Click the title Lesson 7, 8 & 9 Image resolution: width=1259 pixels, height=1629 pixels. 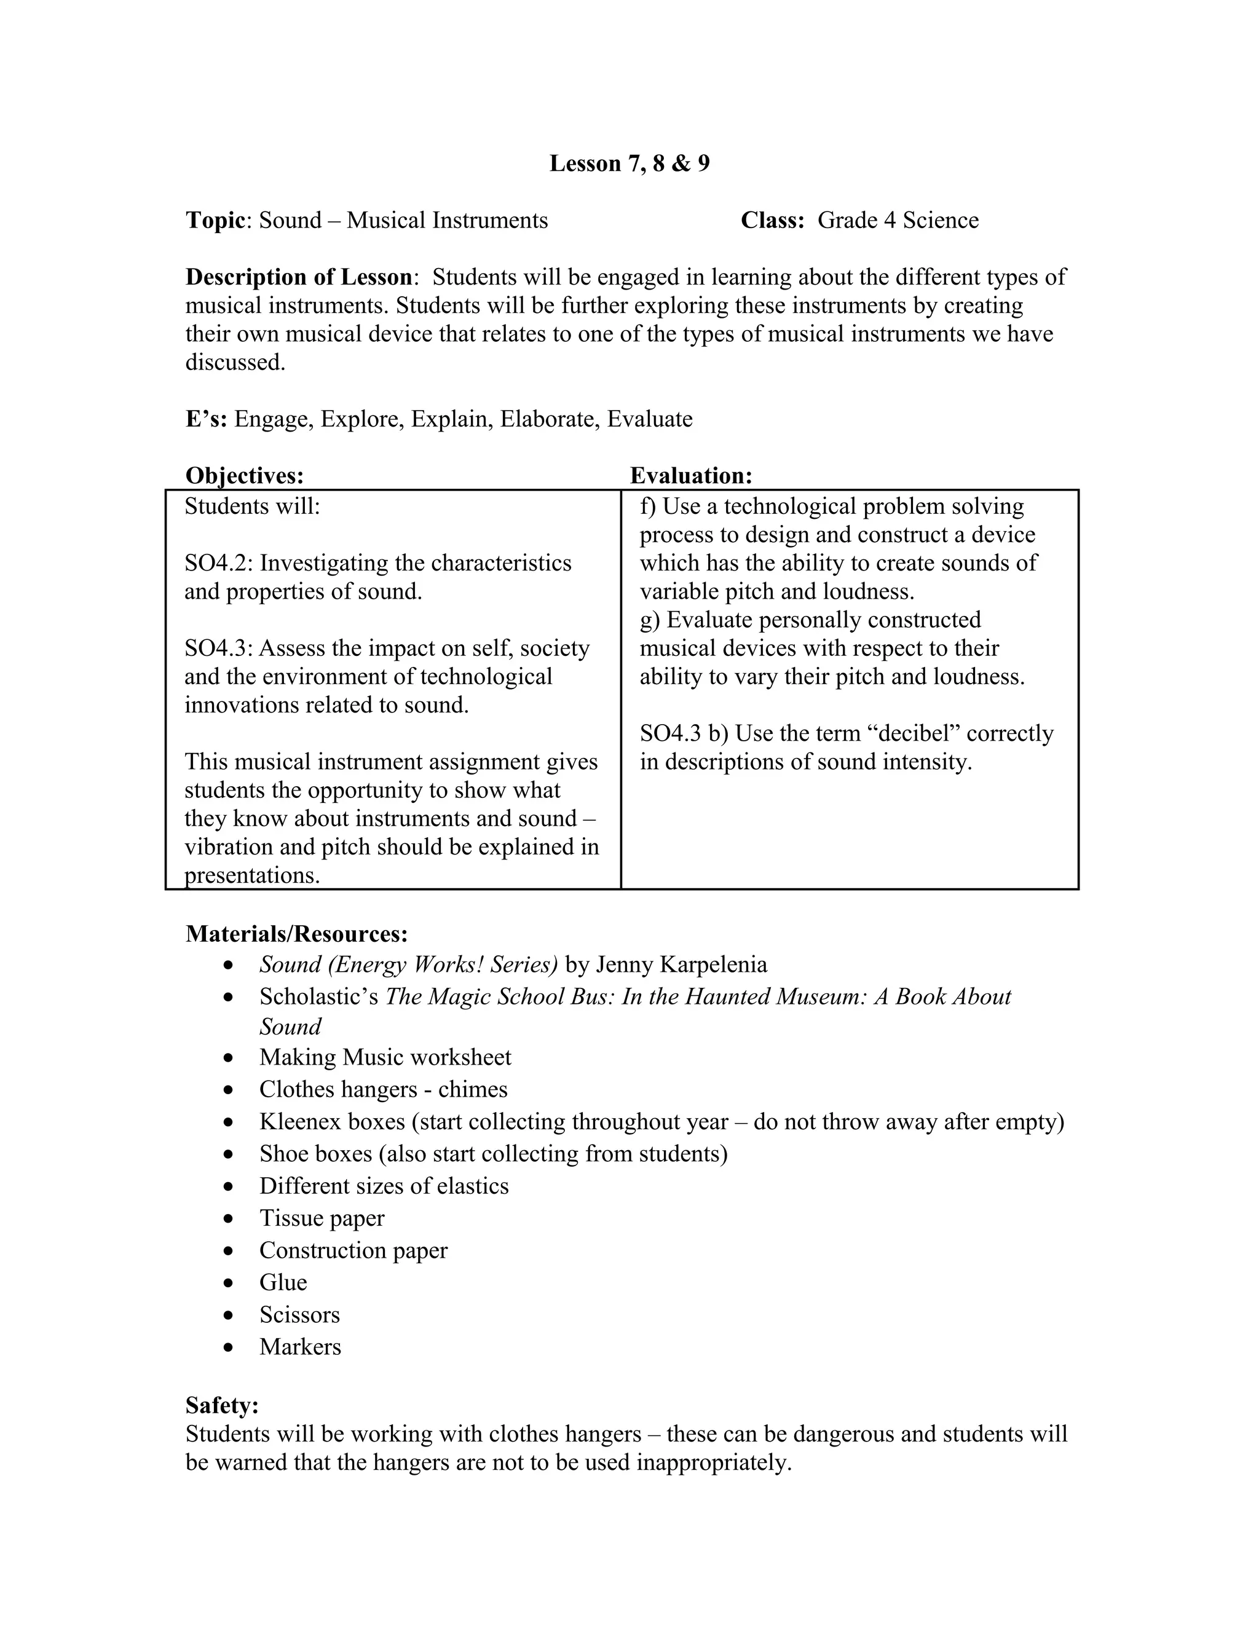[x=629, y=164]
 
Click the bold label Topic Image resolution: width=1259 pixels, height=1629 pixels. [x=215, y=220]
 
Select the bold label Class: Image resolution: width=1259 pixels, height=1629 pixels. [x=772, y=220]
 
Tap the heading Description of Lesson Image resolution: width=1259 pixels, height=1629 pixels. [x=298, y=277]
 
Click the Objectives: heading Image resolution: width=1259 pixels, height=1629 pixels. [x=245, y=475]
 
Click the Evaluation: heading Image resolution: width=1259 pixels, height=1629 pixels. [x=690, y=475]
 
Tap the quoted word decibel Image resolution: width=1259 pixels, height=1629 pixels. [x=917, y=733]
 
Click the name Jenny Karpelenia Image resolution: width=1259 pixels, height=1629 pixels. [x=681, y=964]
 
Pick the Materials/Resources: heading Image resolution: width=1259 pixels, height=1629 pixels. [x=296, y=934]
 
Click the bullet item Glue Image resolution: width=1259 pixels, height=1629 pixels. [x=283, y=1282]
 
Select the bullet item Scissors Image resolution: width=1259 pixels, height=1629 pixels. [x=299, y=1314]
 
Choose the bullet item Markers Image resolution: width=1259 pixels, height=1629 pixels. [x=300, y=1346]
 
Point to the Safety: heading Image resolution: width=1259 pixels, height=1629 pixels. [x=221, y=1405]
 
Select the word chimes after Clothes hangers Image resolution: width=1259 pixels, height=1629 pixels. [x=472, y=1090]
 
